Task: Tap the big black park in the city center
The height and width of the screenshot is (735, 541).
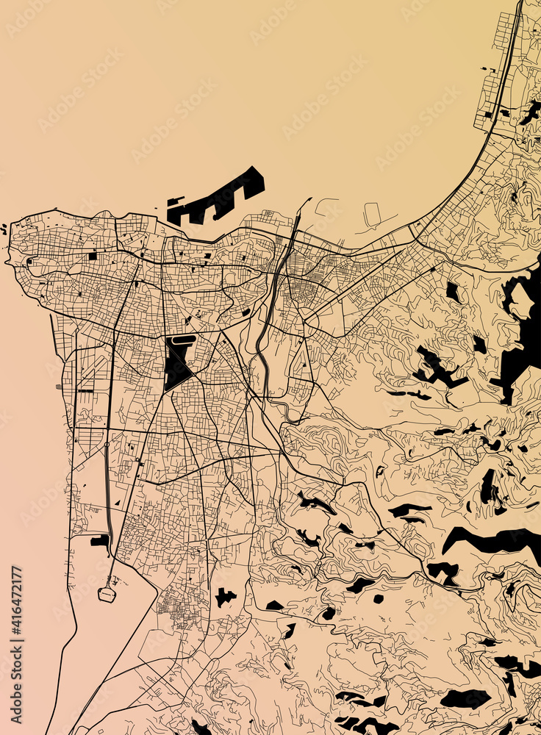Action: tap(178, 364)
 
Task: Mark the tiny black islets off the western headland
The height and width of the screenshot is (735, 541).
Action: tap(4, 229)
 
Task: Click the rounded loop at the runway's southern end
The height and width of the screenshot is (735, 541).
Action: tap(107, 593)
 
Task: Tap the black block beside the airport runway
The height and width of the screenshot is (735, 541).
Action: tap(99, 541)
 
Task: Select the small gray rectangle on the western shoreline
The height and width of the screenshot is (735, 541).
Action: tap(59, 386)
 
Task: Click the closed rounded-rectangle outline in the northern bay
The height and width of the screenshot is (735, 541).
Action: tap(372, 214)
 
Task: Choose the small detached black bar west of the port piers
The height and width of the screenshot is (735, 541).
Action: tap(175, 201)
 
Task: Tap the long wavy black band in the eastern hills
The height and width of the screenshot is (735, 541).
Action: tap(492, 540)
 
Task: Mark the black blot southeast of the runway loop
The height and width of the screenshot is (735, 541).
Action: tap(224, 597)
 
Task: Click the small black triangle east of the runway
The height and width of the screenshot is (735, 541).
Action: tap(118, 503)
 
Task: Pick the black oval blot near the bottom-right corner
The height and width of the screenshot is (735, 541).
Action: tap(465, 698)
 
